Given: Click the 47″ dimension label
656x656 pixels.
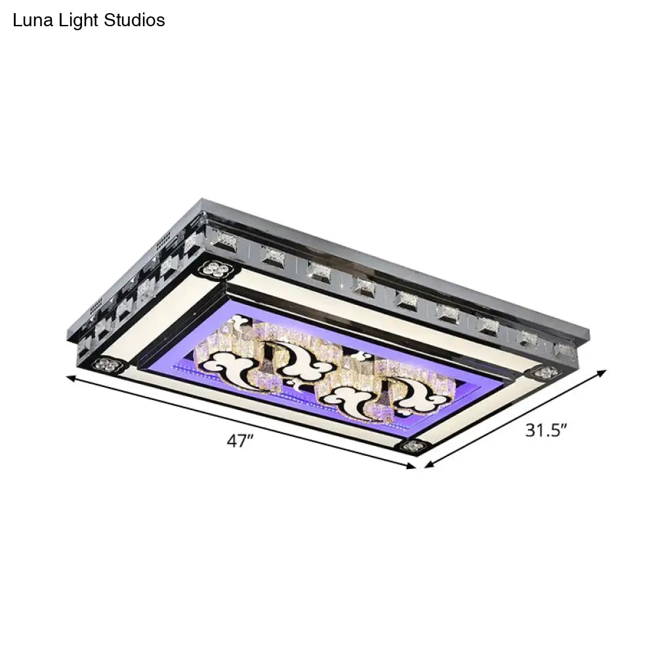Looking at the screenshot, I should pyautogui.click(x=240, y=442).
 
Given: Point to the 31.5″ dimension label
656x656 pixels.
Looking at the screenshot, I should pyautogui.click(x=546, y=431).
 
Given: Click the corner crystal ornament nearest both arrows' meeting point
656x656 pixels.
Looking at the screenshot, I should pyautogui.click(x=411, y=445).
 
